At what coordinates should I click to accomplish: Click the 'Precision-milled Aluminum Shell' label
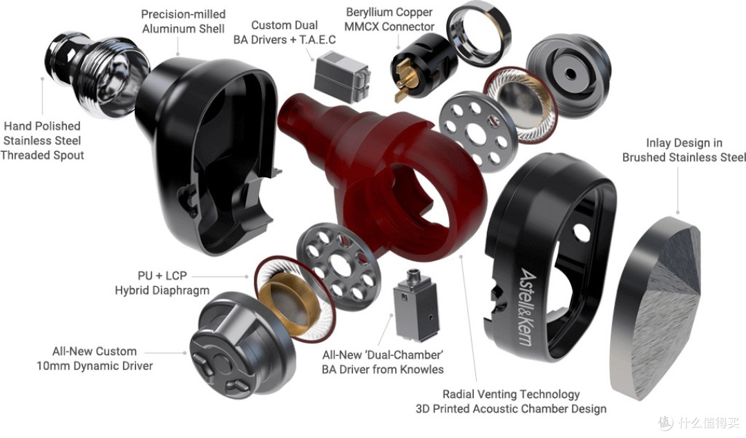click(183, 21)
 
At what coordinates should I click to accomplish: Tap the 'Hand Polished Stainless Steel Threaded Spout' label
click(42, 141)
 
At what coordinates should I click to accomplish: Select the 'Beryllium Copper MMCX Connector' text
click(389, 19)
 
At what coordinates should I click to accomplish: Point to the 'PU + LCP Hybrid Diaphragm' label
click(162, 283)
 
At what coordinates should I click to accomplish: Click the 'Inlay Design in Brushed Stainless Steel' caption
click(684, 150)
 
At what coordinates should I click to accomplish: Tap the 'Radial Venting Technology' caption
click(511, 395)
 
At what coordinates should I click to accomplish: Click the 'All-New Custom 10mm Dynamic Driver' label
click(95, 359)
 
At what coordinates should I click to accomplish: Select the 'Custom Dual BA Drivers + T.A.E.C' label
click(285, 32)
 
